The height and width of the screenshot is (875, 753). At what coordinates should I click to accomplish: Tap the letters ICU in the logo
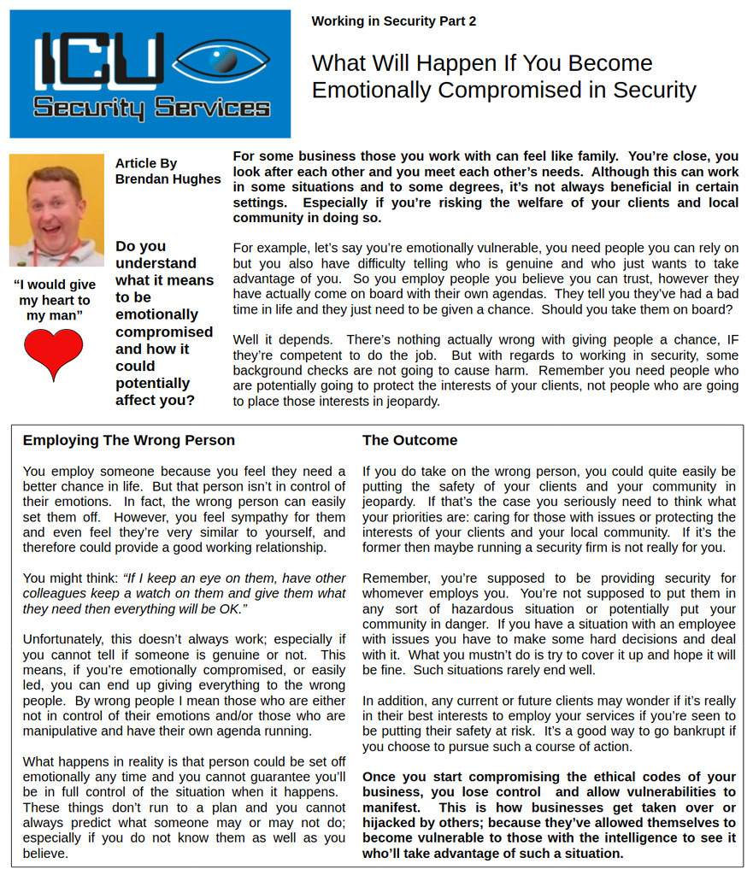pos(97,61)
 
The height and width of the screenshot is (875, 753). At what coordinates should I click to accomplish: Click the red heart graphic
pos(53,352)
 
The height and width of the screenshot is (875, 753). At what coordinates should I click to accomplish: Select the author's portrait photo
pos(56,210)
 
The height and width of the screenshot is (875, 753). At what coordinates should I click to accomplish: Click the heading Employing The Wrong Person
pos(128,440)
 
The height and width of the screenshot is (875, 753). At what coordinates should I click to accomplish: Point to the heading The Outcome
pos(409,440)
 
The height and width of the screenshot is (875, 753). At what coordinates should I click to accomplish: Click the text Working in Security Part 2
pos(393,21)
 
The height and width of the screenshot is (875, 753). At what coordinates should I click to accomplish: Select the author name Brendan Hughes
pos(168,179)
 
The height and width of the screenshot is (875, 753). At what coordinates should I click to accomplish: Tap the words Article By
pos(146,163)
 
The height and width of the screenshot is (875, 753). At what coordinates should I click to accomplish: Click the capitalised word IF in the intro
pos(732,339)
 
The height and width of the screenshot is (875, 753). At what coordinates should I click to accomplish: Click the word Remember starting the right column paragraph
pos(394,578)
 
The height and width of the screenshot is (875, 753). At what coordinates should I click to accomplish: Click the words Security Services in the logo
pos(151,109)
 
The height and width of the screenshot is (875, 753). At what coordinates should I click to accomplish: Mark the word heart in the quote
pos(73,300)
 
